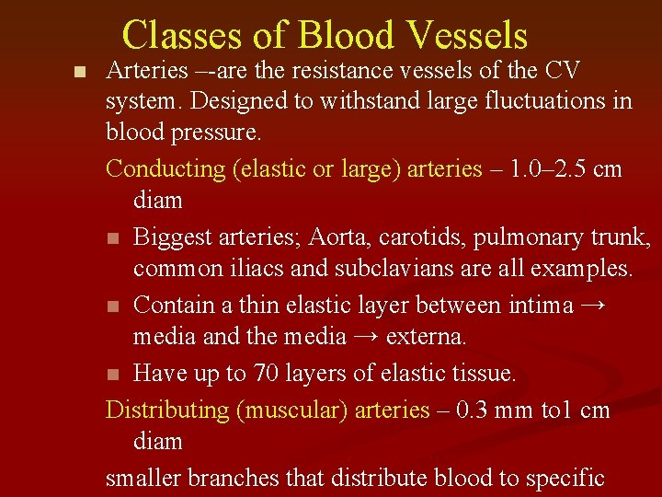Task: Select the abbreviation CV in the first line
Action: [x=562, y=70]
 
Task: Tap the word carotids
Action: [x=420, y=237]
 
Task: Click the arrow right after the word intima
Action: [x=594, y=305]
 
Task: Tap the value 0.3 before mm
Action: [x=480, y=410]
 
